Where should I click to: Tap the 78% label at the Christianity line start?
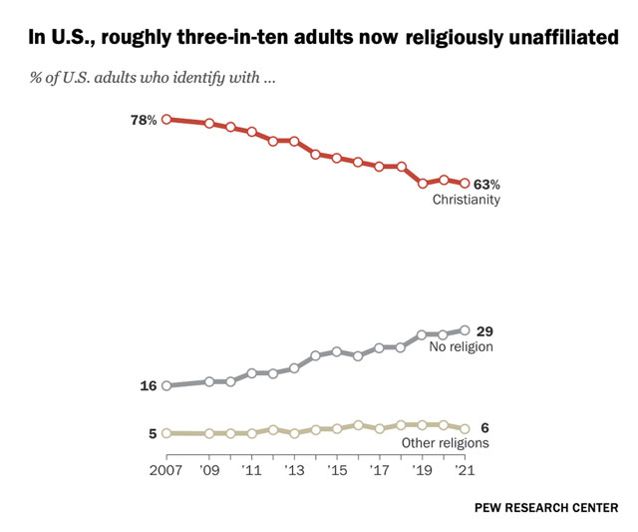click(x=144, y=120)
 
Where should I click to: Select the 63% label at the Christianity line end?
click(x=486, y=185)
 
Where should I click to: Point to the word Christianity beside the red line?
click(x=466, y=201)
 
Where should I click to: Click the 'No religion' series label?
click(x=462, y=347)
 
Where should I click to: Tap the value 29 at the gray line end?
click(x=485, y=330)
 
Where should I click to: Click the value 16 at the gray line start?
click(x=148, y=385)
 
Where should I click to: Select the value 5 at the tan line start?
click(x=153, y=433)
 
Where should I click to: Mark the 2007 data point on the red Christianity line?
click(x=166, y=120)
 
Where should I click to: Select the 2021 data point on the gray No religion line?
click(x=465, y=329)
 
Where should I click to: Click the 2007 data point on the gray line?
click(x=166, y=385)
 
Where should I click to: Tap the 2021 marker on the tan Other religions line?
click(x=465, y=427)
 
